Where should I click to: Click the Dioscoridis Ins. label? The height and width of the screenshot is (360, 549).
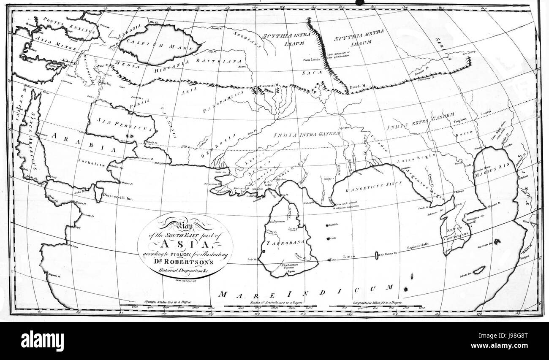pyautogui.click(x=120, y=197)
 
